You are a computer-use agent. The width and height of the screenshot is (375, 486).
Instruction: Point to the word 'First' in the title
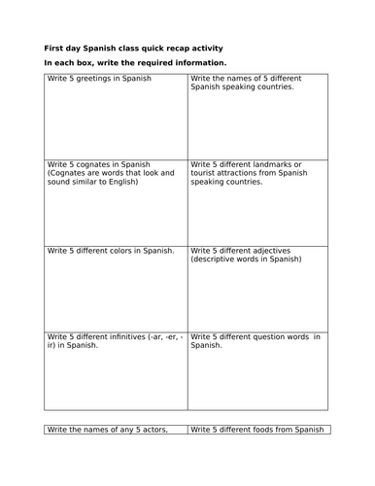click(56, 48)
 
